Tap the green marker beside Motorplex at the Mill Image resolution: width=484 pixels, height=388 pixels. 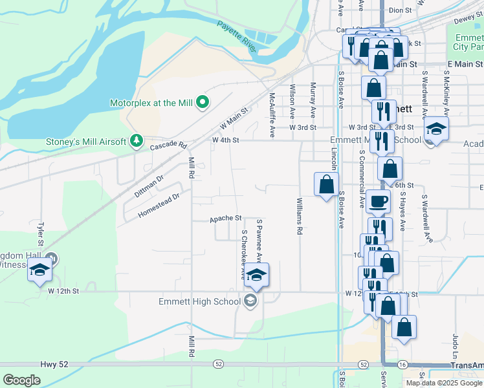(x=202, y=102)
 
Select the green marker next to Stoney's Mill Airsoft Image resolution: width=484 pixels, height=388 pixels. (x=136, y=141)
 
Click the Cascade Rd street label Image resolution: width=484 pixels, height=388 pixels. (x=168, y=146)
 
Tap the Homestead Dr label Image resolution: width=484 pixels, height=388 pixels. (x=158, y=204)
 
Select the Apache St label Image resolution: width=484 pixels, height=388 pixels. (x=225, y=219)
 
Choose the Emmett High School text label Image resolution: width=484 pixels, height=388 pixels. (x=199, y=301)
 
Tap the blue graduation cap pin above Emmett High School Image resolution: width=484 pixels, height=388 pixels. (x=256, y=275)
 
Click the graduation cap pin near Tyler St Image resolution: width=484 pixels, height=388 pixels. (x=39, y=271)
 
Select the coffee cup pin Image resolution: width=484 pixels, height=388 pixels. (x=378, y=201)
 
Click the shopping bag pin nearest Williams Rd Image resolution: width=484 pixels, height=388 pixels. (x=326, y=184)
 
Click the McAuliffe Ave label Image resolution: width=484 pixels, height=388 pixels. (x=272, y=114)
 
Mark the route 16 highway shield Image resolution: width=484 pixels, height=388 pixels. (x=402, y=365)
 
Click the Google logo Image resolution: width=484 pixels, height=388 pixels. (x=22, y=380)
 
